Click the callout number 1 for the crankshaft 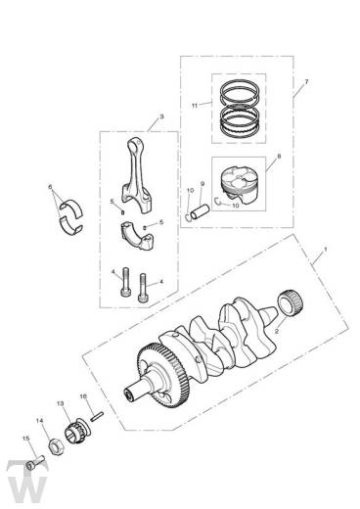pos(325,250)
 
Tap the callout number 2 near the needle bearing pos(277,331)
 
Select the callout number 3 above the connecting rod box pos(161,116)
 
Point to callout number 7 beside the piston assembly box pos(306,81)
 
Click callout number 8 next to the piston pos(279,156)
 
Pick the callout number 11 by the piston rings pos(195,106)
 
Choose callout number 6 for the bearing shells pos(50,187)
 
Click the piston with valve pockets pos(239,185)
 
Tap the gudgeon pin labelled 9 pos(200,211)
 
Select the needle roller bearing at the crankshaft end pos(291,302)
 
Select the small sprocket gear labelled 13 pos(77,431)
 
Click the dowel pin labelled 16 pos(98,417)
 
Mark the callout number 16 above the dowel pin pos(83,396)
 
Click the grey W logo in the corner pos(27,482)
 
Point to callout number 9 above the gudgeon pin pos(202,184)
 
